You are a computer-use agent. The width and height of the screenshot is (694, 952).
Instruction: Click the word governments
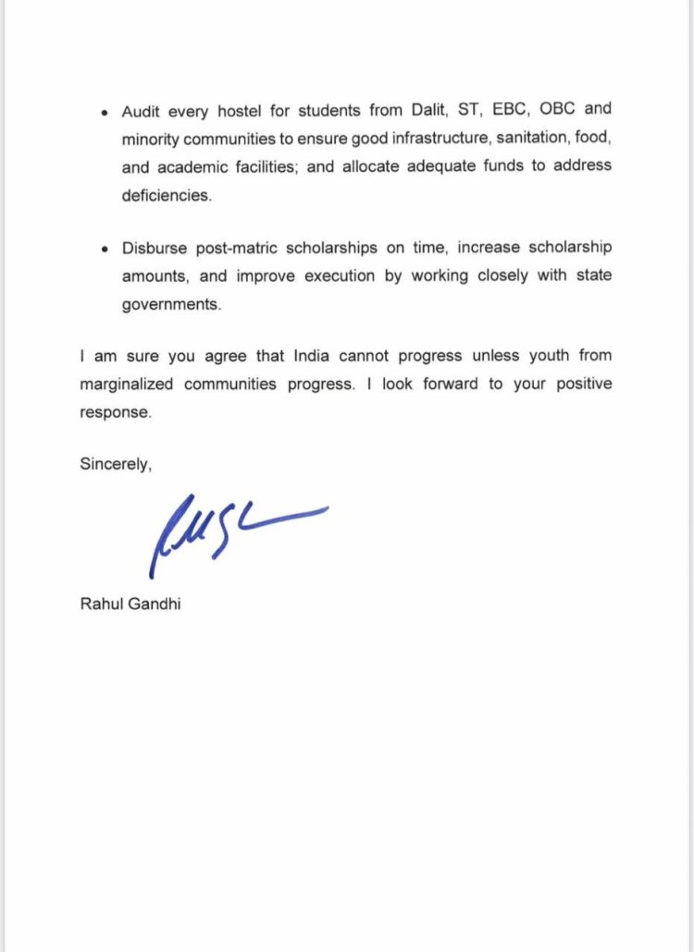171,305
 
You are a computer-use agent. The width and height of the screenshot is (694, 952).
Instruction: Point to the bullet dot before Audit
105,112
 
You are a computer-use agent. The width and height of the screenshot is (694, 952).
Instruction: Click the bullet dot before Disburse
105,250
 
